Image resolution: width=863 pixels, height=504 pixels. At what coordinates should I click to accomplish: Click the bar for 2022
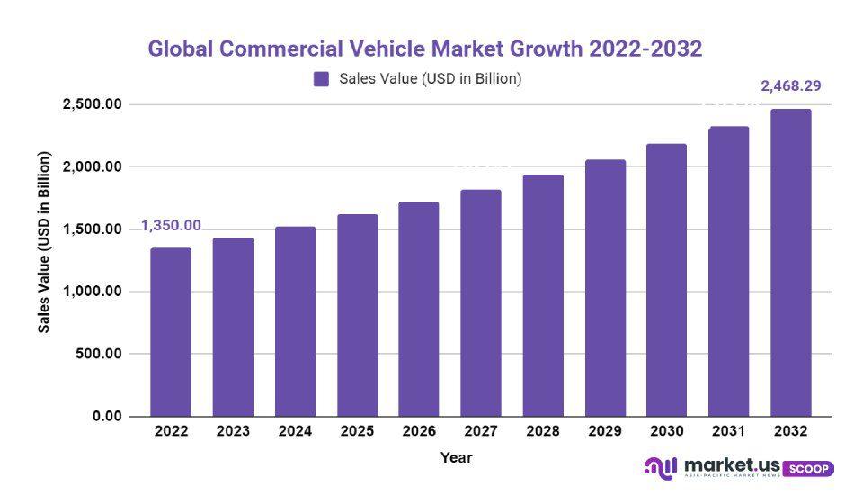tap(171, 332)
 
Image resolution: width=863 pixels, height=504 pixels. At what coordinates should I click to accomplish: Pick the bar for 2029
tap(605, 288)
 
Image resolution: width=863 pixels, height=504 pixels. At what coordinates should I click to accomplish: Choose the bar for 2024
tap(295, 321)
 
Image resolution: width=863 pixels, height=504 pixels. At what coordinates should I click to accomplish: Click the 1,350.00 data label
tap(171, 226)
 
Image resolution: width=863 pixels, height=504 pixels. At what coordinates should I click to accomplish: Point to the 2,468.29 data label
tap(791, 86)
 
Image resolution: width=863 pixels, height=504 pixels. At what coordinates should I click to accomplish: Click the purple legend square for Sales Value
tap(322, 79)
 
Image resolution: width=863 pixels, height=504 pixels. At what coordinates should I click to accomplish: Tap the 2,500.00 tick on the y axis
tap(92, 105)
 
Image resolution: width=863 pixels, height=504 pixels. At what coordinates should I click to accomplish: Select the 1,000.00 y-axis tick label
tap(92, 292)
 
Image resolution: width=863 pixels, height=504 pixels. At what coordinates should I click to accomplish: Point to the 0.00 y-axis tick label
tap(105, 416)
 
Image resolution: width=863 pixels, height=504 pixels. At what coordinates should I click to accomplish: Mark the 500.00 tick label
tap(98, 354)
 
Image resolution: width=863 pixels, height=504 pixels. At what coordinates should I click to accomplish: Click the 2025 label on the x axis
tap(357, 431)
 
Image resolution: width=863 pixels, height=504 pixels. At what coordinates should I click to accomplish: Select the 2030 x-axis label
tap(667, 431)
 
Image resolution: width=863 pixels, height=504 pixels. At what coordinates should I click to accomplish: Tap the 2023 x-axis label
tap(233, 431)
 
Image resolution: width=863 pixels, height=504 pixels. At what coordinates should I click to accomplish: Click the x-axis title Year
tap(456, 457)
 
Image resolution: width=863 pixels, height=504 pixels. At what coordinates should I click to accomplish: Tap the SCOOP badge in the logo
tap(809, 469)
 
